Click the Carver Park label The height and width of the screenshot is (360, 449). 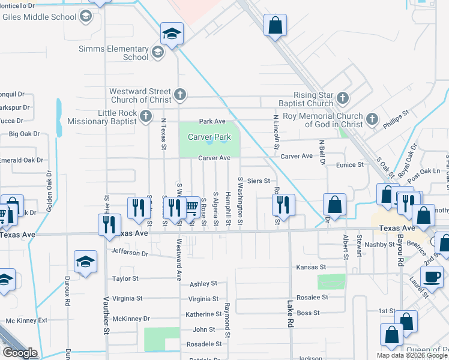click(209, 137)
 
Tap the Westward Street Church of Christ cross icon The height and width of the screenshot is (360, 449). click(179, 94)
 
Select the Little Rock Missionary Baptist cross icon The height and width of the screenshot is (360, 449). click(146, 117)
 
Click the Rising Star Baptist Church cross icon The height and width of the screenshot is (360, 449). click(342, 98)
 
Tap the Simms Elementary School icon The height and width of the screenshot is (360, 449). click(157, 52)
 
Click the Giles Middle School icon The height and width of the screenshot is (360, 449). click(86, 16)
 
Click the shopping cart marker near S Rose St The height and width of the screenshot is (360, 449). click(191, 207)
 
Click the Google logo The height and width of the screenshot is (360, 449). click(20, 353)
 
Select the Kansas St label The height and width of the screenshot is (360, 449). click(311, 266)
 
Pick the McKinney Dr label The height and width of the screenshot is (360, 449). click(130, 319)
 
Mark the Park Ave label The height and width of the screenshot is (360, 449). click(212, 121)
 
